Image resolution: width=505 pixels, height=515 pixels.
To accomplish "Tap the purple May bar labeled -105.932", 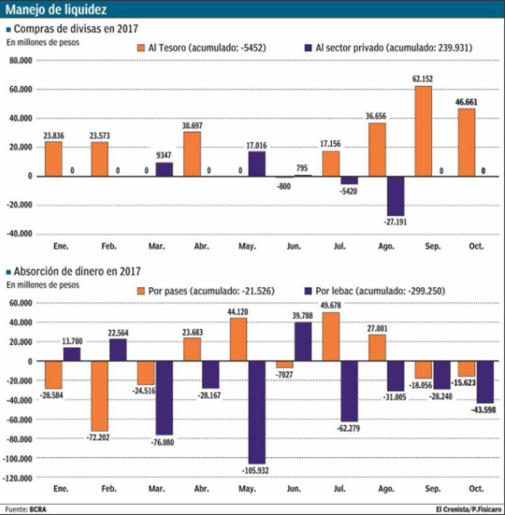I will pos(256,412).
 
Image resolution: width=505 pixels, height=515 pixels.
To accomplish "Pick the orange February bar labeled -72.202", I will pos(100,396).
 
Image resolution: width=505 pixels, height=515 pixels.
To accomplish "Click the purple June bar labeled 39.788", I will pos(303,341).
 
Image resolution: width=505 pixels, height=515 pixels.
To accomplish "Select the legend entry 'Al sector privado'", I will pos(388,47).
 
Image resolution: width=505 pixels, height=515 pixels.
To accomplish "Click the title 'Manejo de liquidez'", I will pos(56,9).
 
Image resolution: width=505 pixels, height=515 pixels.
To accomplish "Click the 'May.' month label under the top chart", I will pos(247,246).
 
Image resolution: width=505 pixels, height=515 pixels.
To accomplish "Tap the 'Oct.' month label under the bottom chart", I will pos(475,489).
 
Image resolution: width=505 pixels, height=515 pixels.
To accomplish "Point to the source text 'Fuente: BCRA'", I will pos(26,509).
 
